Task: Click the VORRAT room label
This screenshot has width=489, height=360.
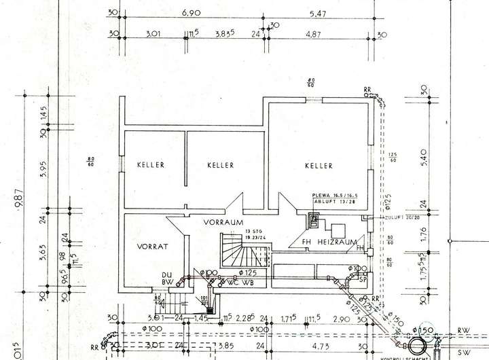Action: (151, 247)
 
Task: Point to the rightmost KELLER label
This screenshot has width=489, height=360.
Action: (319, 166)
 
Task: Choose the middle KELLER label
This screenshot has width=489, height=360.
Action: (221, 165)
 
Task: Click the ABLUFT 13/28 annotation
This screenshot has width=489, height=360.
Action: (333, 202)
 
